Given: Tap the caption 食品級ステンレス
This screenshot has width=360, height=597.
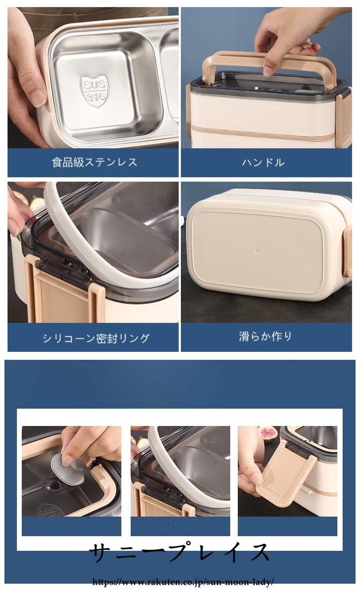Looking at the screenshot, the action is point(94,162).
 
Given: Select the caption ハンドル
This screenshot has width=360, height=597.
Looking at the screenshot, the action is point(264,162).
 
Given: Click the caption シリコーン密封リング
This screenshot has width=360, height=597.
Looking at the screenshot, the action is point(96,338).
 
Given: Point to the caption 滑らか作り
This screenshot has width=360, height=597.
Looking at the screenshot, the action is point(265,336).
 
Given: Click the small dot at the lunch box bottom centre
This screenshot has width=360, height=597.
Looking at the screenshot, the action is point(256,251).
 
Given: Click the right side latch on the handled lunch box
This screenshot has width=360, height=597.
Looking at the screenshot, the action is point(344,117).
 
